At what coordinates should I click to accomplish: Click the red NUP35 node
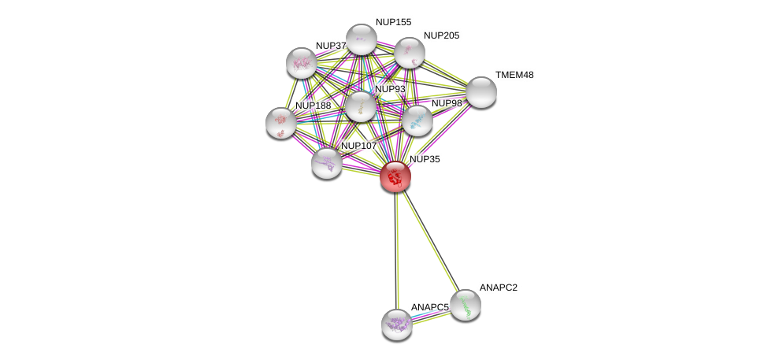point(395,176)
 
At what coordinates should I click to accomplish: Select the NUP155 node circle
point(362,39)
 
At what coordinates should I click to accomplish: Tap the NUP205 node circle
point(410,53)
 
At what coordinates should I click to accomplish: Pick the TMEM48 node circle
point(480,92)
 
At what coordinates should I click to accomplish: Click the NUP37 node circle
point(301,63)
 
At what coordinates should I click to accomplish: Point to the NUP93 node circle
point(361,106)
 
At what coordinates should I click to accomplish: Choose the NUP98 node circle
point(417,121)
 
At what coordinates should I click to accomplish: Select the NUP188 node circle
point(281,122)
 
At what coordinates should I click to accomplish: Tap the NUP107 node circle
point(326,163)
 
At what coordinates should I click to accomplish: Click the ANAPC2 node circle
point(465,305)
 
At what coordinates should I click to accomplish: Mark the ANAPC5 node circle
point(397,324)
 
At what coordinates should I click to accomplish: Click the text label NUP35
point(425,159)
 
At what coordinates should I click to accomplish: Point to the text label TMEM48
point(514,75)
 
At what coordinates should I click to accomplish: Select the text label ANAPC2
point(499,288)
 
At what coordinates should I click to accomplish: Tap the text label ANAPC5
point(429,307)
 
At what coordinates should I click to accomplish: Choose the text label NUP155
point(393,22)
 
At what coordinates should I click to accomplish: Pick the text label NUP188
point(313,106)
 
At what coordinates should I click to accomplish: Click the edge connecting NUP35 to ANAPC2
point(429,240)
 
